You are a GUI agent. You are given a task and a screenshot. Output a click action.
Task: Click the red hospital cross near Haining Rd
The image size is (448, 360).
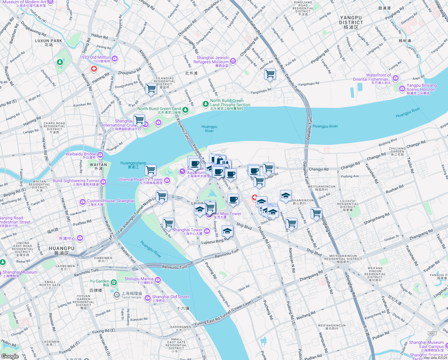94,69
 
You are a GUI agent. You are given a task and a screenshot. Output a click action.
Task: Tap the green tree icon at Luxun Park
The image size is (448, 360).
60,62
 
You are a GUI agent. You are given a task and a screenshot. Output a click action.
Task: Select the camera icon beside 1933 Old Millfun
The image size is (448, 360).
115,58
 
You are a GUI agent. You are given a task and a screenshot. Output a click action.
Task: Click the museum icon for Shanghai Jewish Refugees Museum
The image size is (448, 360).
233,61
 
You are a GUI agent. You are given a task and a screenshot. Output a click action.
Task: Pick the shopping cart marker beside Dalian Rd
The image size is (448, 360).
270,74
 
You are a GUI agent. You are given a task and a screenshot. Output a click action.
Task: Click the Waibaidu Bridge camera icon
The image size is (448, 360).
100,155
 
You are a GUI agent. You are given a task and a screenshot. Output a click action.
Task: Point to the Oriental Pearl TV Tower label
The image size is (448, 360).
140,180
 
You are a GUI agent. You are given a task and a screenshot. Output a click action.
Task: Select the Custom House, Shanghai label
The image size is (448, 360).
111,201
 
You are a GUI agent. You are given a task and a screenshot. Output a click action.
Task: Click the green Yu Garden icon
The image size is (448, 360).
114,282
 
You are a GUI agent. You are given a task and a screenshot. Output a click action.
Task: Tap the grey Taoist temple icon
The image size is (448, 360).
117,295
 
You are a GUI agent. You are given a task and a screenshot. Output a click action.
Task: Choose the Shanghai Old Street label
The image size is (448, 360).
170,297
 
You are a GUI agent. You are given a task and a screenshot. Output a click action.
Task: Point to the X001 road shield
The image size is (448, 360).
432,333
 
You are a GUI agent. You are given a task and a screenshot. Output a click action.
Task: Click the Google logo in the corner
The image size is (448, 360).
10,356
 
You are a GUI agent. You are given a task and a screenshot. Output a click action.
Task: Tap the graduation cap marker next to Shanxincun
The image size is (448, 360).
286,196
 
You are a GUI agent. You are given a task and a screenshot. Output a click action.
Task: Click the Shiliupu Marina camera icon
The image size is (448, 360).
158,280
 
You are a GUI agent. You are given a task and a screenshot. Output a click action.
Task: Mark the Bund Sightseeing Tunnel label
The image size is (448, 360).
76,181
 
